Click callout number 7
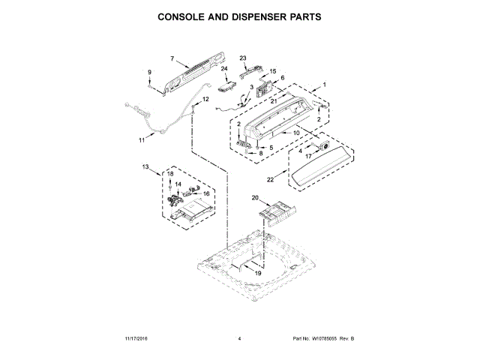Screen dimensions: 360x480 pyautogui.click(x=172, y=58)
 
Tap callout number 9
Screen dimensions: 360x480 pyautogui.click(x=150, y=72)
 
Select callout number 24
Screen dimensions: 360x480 pyautogui.click(x=224, y=69)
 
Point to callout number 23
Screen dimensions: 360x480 pyautogui.click(x=243, y=58)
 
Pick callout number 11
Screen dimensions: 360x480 pyautogui.click(x=141, y=139)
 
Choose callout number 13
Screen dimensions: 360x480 pyautogui.click(x=146, y=166)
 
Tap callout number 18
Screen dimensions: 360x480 pyautogui.click(x=170, y=174)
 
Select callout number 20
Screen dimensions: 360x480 pyautogui.click(x=254, y=198)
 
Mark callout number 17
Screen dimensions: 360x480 pyautogui.click(x=307, y=156)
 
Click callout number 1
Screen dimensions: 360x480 pyautogui.click(x=325, y=85)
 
